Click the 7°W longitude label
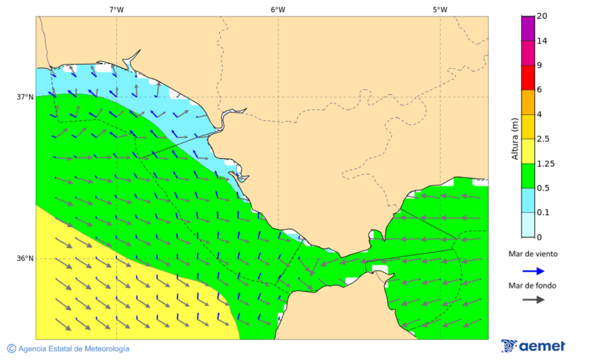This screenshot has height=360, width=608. tap(116, 9)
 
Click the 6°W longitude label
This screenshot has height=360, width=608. tap(278, 9)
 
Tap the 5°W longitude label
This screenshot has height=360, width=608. tap(440, 9)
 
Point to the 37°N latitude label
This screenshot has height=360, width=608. tap(25, 97)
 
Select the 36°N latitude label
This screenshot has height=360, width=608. tap(25, 258)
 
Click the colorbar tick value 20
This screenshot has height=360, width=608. tap(542, 16)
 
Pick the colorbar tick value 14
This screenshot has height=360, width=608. tap(542, 41)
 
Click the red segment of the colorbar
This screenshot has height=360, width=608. tap(528, 77)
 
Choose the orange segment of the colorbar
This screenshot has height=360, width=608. tap(528, 102)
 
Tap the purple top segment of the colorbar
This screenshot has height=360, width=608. tap(528, 28)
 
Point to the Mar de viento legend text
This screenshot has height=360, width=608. tap(533, 254)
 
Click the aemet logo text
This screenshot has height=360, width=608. tap(542, 346)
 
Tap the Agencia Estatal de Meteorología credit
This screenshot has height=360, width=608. tap(74, 349)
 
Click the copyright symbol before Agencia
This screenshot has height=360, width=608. tap(11, 349)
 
